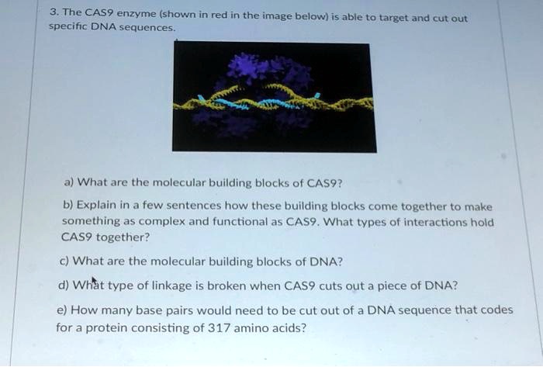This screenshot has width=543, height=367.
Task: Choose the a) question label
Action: click(68, 183)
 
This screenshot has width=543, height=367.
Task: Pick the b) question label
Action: click(68, 206)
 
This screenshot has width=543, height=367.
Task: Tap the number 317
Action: click(223, 327)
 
